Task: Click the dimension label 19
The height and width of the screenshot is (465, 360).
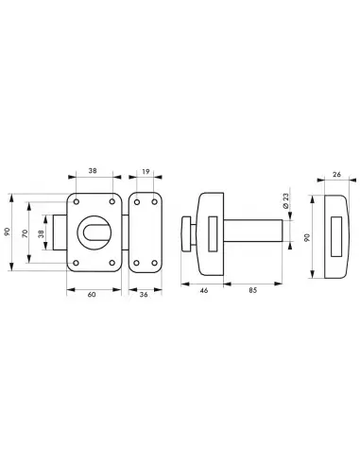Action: tap(146, 172)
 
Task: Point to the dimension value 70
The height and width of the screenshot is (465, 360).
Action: tap(26, 233)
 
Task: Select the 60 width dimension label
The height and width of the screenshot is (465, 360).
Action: tap(92, 295)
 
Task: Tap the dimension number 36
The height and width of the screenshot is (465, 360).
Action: tap(144, 295)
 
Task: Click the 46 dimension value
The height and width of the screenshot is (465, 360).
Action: tap(204, 290)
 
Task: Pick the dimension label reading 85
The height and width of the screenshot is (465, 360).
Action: tap(253, 290)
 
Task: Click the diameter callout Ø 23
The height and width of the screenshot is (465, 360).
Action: tap(285, 202)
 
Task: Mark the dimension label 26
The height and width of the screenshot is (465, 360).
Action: tap(336, 174)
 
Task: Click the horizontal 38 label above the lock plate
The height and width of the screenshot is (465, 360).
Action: tap(93, 171)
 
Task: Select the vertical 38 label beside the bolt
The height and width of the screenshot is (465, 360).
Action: tap(41, 233)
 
